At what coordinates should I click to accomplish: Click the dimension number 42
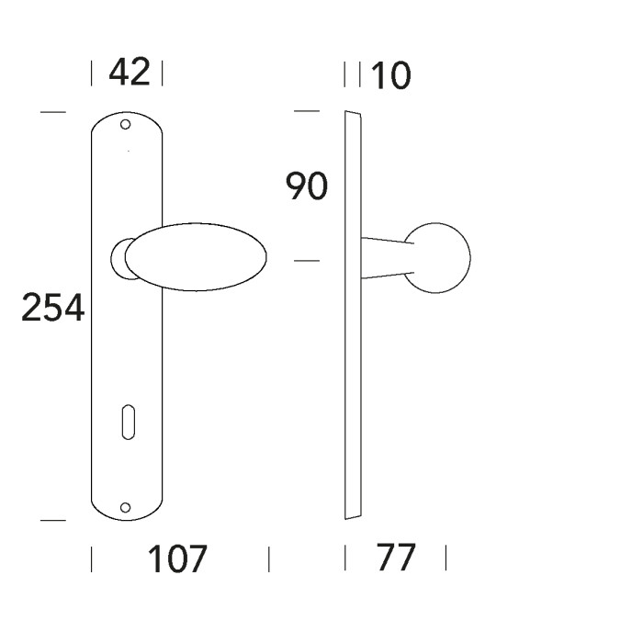129,73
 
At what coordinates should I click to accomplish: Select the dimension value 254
52,309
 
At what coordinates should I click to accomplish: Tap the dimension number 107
179,558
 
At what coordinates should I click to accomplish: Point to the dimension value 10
389,76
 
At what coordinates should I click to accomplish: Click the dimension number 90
306,187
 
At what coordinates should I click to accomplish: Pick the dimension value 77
395,558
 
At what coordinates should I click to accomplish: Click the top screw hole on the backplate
126,124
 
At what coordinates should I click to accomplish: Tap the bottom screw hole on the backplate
126,506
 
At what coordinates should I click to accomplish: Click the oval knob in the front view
197,257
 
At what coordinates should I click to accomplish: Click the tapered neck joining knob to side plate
386,258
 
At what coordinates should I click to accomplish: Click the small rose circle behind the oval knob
118,258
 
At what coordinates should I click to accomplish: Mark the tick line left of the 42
93,73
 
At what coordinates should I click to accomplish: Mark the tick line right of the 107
269,558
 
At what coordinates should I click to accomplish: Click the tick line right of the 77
446,558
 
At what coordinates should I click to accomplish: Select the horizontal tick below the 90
306,263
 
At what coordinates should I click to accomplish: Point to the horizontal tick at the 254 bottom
53,521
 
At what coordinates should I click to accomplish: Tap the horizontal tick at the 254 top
53,113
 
